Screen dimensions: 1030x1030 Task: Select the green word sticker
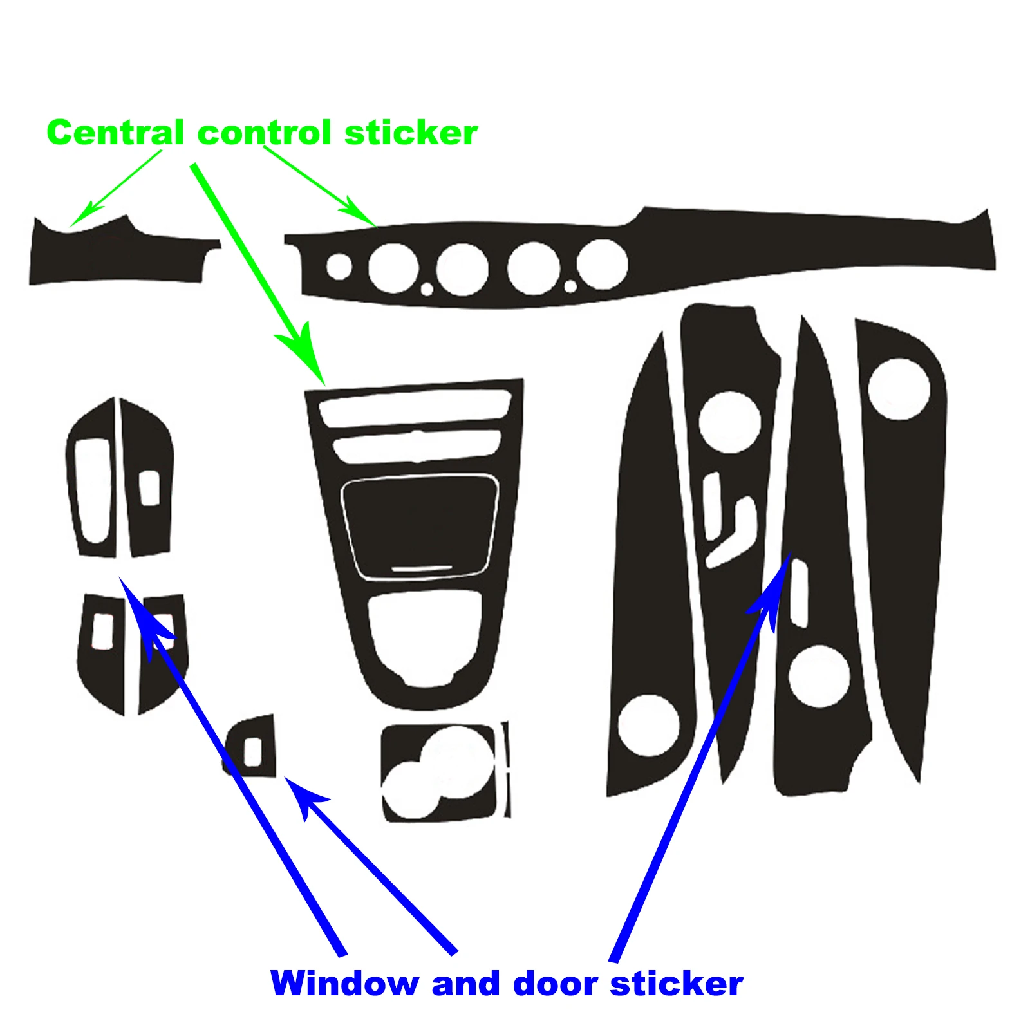point(411,133)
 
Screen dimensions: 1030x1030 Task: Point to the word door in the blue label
point(554,984)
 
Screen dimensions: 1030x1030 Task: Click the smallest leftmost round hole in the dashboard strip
point(339,266)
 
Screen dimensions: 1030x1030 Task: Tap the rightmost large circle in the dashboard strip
point(603,265)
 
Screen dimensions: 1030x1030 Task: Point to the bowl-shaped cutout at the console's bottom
point(425,634)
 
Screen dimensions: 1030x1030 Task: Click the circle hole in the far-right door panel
point(899,389)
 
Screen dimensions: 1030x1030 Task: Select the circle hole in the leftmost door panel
point(648,725)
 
